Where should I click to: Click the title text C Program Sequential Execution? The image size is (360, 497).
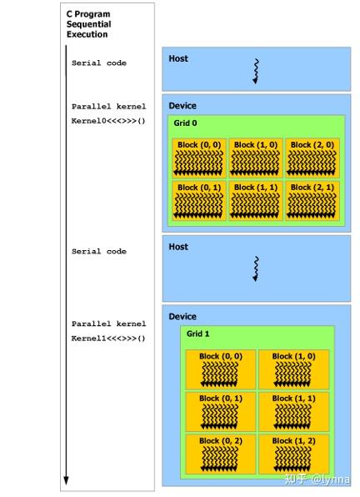(x=88, y=24)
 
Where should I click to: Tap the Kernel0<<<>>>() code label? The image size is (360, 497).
(x=108, y=121)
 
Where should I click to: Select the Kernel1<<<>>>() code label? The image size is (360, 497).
(x=108, y=339)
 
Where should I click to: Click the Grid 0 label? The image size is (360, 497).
(x=185, y=123)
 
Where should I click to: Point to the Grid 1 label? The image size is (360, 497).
(x=197, y=334)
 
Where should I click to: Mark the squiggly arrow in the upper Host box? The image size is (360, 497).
(x=256, y=72)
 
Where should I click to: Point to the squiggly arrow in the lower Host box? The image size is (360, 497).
(x=256, y=269)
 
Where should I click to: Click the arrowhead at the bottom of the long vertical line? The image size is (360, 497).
(x=66, y=480)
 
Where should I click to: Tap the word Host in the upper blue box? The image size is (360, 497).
(x=178, y=58)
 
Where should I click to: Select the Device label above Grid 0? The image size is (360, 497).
(x=182, y=106)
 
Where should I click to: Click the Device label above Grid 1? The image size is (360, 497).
(x=182, y=316)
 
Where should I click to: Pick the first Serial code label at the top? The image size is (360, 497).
(x=99, y=63)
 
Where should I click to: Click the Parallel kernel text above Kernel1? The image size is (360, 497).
(x=108, y=324)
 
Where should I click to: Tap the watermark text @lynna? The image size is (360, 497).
(x=331, y=479)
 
